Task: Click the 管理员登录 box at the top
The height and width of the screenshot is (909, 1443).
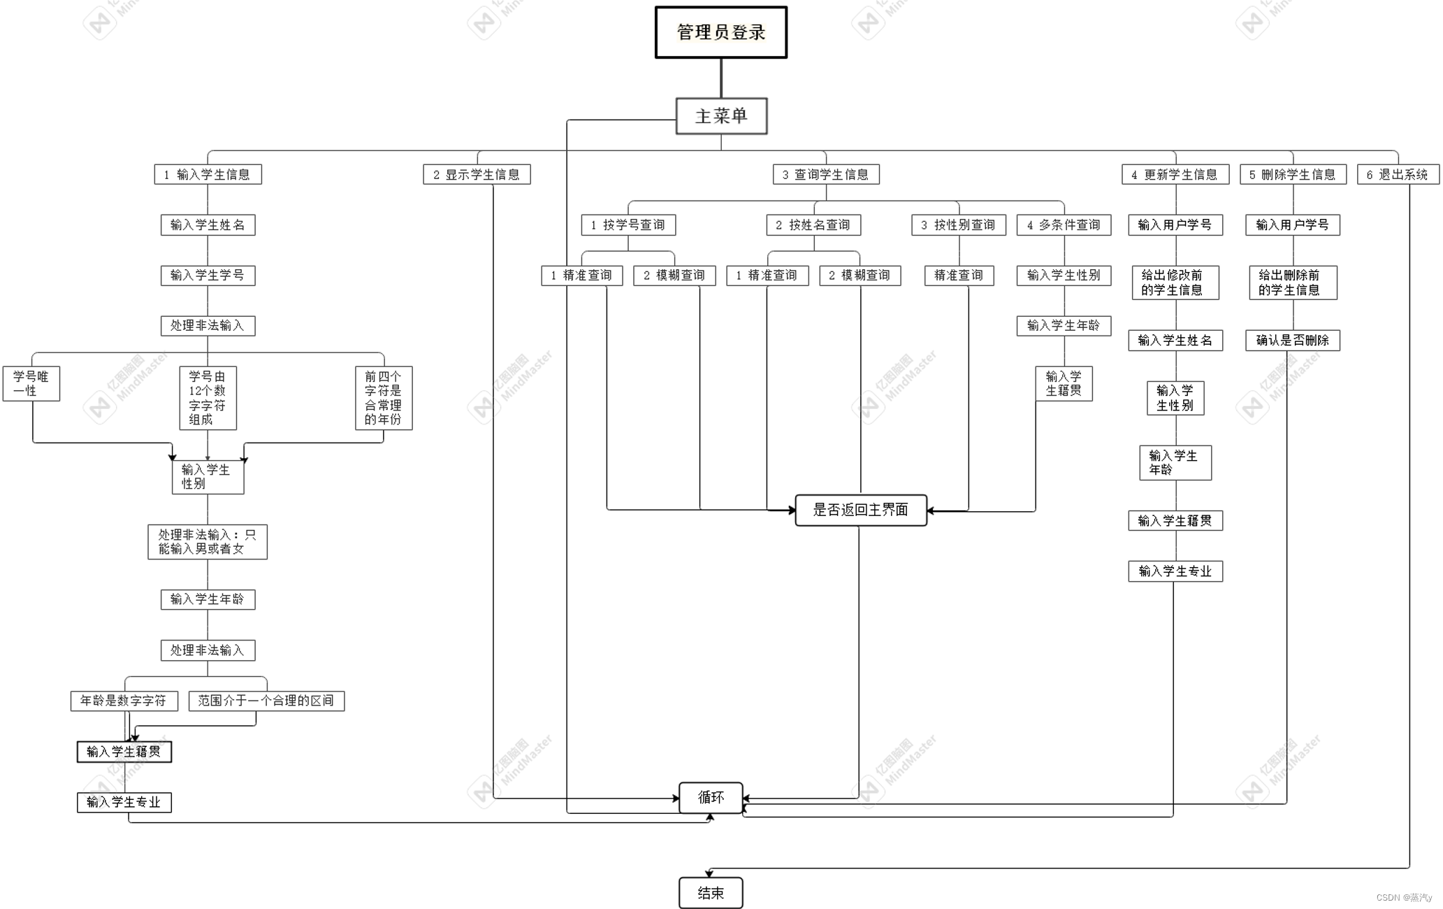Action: point(720,32)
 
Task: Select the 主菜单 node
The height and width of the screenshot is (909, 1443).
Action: point(721,116)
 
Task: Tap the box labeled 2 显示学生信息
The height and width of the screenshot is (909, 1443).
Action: point(477,174)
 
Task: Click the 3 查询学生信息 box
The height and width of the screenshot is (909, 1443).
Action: point(825,174)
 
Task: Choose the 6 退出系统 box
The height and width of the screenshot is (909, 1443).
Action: point(1398,174)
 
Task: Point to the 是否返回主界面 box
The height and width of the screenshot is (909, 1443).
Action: point(860,510)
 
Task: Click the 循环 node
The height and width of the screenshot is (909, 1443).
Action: point(710,798)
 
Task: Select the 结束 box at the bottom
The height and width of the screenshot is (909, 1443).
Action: point(710,893)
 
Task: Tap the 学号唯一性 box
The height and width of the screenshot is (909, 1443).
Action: point(31,383)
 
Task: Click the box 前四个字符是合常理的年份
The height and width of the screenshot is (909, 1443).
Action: point(383,398)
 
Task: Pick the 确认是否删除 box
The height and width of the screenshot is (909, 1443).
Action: point(1292,341)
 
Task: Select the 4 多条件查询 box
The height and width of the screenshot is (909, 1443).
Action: point(1063,225)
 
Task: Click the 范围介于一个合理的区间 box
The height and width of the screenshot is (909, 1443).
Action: point(266,701)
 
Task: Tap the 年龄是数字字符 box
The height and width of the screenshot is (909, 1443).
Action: point(124,701)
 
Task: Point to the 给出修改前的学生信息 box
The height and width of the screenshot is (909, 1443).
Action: point(1175,282)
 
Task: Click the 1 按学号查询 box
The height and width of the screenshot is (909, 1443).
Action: point(628,225)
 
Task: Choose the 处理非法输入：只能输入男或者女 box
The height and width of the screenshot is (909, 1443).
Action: point(207,542)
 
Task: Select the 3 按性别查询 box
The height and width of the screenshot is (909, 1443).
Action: point(958,225)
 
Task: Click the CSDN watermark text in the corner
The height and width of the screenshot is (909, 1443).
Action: point(1403,898)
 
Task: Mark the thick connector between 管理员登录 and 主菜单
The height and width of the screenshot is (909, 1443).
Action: point(721,78)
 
